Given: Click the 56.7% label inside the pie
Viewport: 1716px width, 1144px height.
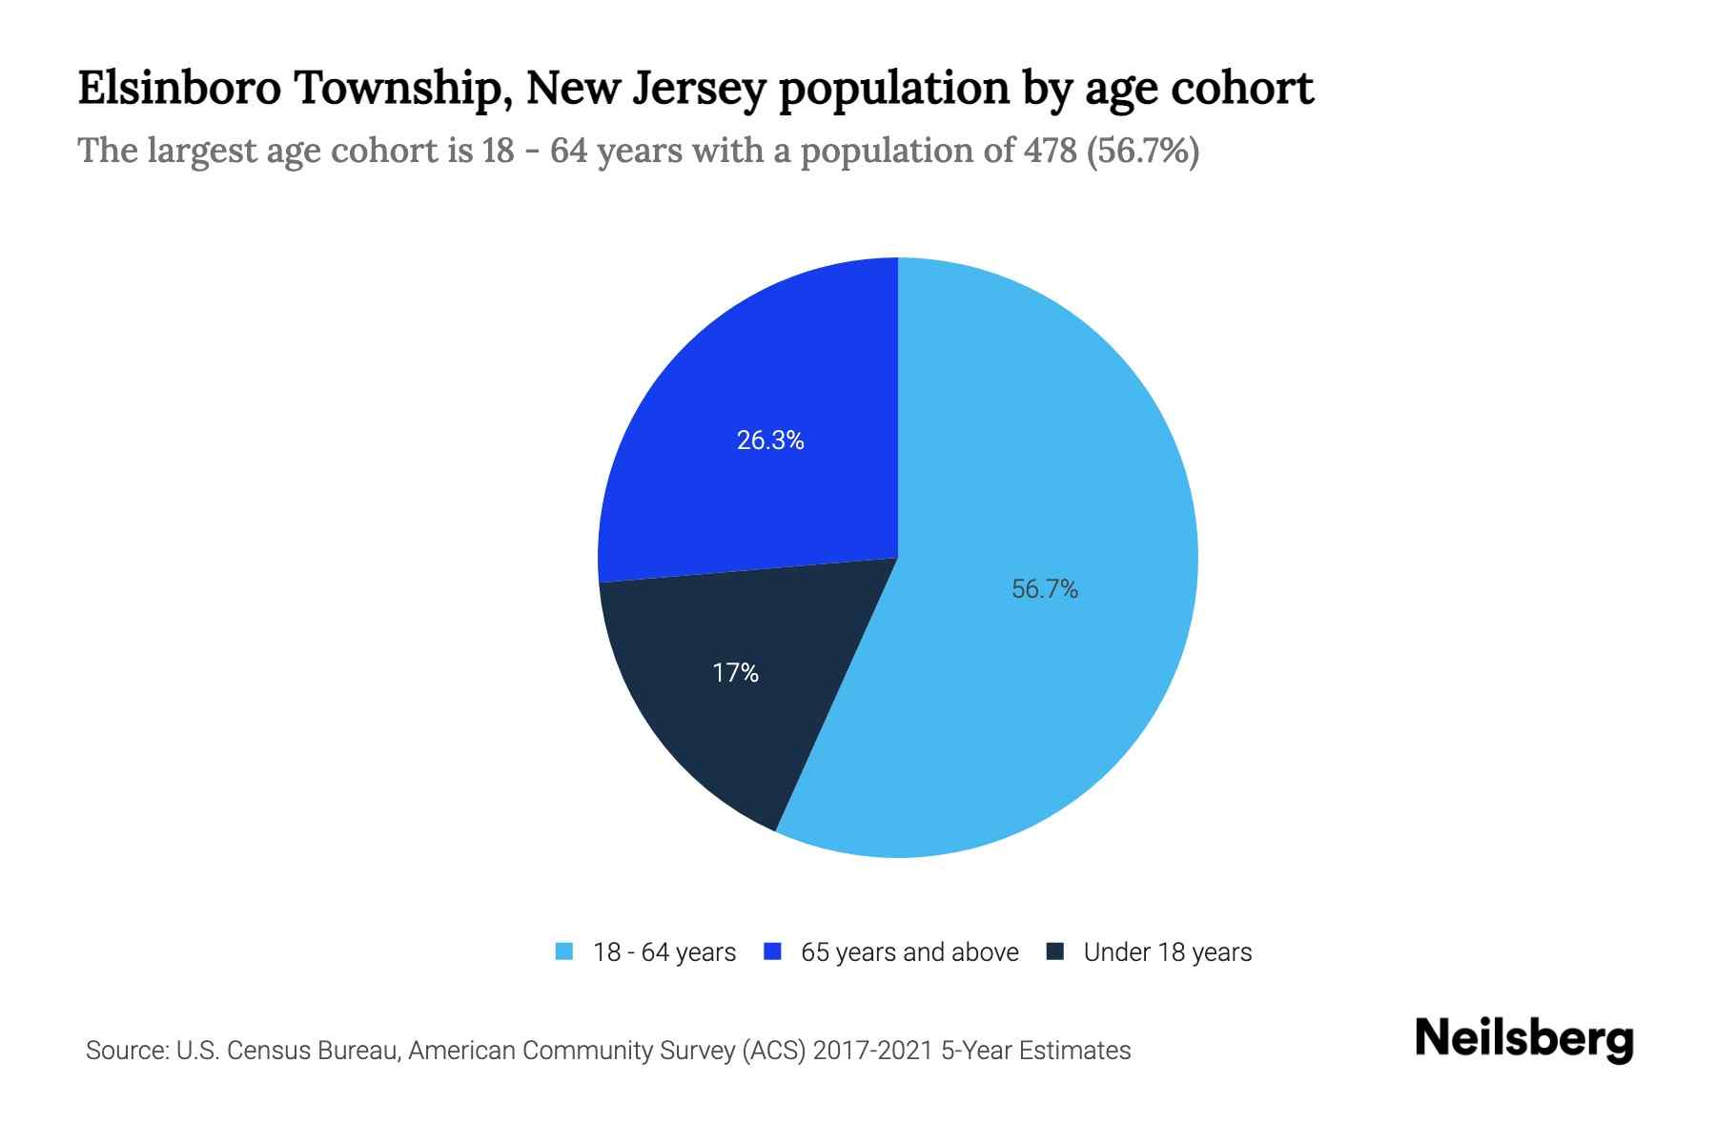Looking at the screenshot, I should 1044,589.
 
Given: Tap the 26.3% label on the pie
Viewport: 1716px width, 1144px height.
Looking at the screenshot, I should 770,440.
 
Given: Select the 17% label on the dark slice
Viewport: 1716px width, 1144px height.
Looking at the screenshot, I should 735,673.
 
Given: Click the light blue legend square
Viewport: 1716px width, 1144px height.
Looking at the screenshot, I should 564,951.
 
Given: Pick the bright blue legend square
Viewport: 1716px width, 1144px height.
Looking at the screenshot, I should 773,951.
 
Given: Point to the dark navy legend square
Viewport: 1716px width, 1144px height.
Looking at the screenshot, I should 1054,951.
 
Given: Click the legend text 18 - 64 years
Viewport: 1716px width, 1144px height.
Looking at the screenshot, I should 664,952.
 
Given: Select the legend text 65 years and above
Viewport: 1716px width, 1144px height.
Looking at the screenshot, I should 909,952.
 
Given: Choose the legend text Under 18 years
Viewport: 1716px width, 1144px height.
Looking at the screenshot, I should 1167,952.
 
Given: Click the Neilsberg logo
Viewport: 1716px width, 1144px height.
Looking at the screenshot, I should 1523,1039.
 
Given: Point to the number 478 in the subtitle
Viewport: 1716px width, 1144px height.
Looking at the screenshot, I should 1050,151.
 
